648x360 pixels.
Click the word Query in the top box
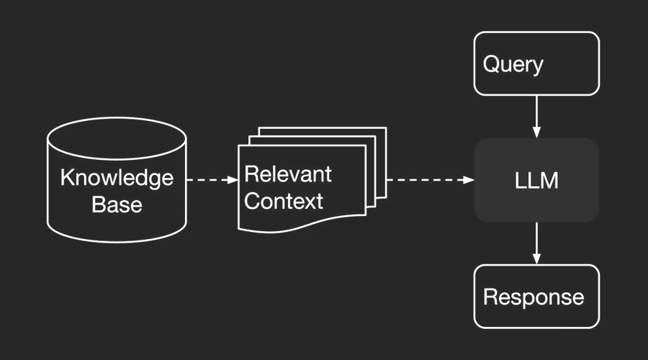pos(513,65)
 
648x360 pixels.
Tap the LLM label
pos(536,181)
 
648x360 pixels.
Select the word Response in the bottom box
pos(534,297)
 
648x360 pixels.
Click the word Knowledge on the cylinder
pos(117,178)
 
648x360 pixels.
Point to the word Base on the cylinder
pos(117,204)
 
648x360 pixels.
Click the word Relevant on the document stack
pos(288,174)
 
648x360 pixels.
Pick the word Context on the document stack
pos(284,202)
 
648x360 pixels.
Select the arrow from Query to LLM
pos(536,117)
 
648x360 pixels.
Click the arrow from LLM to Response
pos(536,243)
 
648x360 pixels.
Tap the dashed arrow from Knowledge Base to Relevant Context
pos(212,180)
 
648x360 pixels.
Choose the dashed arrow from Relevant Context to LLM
pos(431,180)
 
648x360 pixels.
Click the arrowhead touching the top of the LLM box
pos(536,132)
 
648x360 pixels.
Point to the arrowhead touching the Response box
pos(536,259)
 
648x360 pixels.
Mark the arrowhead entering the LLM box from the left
pos(469,180)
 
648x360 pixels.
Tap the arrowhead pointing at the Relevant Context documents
pos(233,180)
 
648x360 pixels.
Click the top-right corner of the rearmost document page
pos(387,127)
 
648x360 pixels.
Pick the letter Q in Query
pos(490,63)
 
